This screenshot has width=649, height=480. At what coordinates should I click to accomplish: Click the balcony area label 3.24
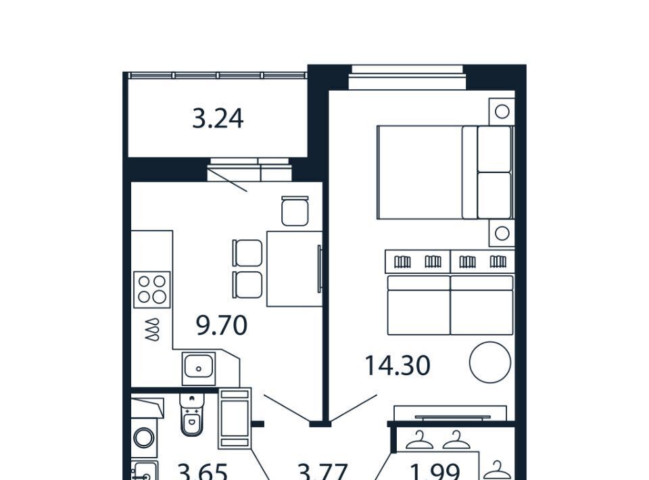(218, 119)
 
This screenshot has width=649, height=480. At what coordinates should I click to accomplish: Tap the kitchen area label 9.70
(222, 325)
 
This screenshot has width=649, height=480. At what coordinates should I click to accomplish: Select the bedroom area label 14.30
(398, 366)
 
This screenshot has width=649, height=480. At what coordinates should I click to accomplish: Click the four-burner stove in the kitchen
(152, 289)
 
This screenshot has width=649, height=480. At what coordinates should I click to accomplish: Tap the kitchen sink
(199, 368)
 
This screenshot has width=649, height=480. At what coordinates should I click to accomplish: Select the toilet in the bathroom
(192, 414)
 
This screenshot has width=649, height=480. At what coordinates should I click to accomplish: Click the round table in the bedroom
(490, 362)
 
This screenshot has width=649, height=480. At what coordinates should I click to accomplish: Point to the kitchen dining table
(294, 269)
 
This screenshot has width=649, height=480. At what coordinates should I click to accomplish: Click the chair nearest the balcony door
(295, 211)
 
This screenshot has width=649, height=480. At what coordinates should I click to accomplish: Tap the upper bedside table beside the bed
(502, 112)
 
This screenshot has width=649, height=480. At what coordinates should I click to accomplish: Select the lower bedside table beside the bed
(502, 233)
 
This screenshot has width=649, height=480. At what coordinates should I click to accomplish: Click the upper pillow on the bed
(494, 149)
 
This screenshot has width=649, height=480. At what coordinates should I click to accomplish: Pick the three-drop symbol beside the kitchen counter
(152, 329)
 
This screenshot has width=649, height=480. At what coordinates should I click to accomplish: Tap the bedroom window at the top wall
(407, 77)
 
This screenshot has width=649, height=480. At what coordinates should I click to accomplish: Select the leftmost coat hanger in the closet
(419, 440)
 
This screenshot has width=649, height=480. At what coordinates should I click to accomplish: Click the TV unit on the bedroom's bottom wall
(450, 413)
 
